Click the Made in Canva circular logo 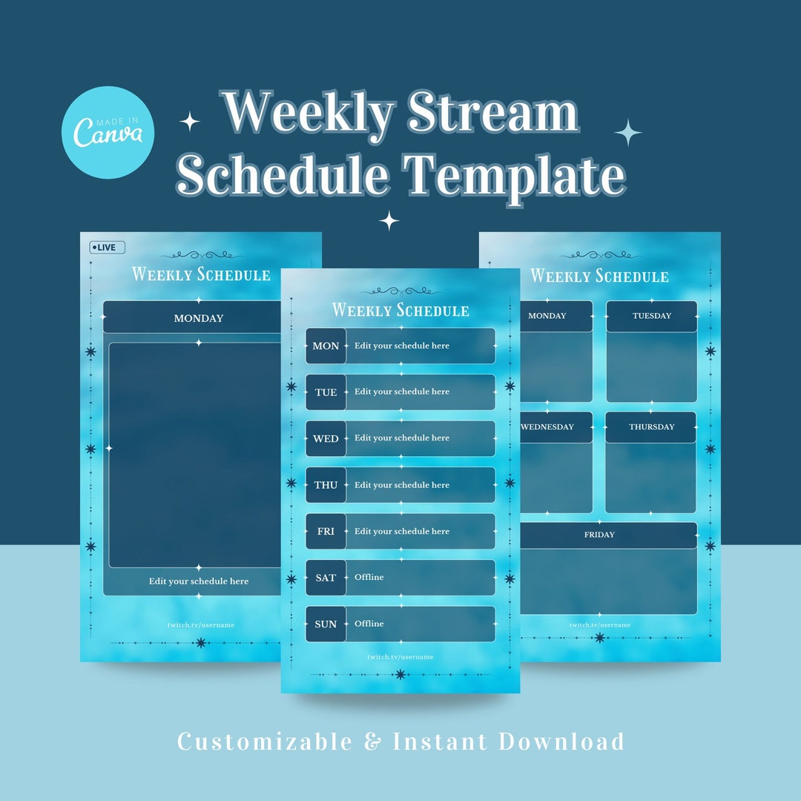108,132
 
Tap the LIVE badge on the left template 108,247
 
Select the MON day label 326,346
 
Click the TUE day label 326,392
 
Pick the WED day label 326,439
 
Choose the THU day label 326,485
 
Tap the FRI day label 326,532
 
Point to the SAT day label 326,578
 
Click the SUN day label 326,624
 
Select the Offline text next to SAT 369,577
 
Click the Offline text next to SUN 369,624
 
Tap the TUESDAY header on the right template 651,316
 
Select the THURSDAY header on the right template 651,427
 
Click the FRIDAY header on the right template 599,535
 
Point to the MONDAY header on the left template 198,318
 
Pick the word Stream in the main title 493,113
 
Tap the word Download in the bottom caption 561,742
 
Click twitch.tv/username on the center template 400,657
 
